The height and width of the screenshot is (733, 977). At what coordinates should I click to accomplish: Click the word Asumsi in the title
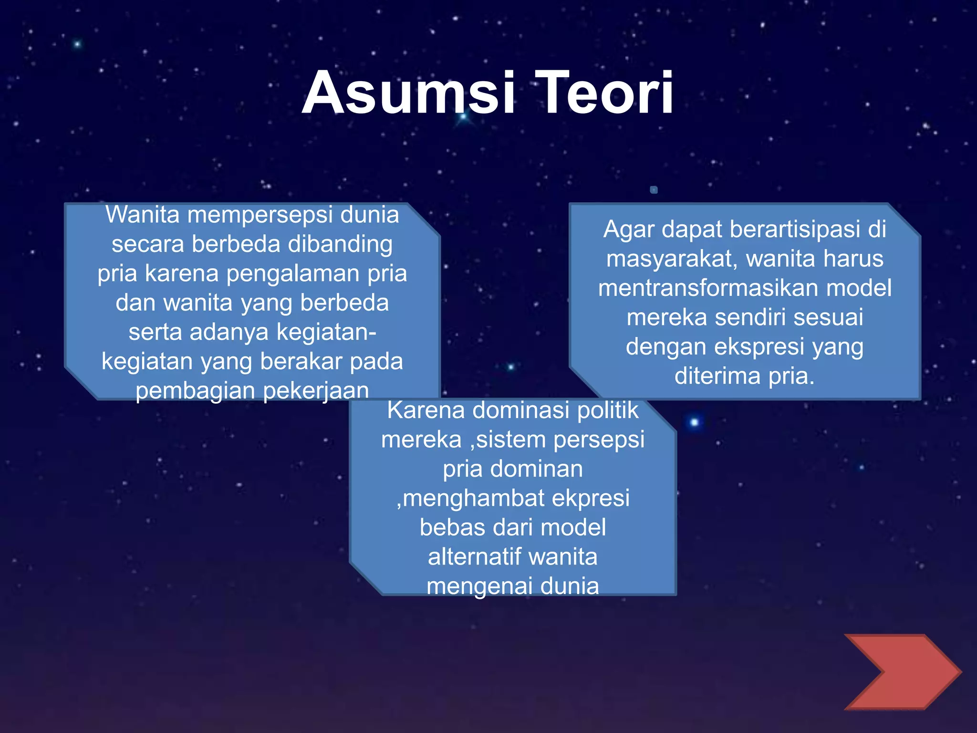click(x=408, y=93)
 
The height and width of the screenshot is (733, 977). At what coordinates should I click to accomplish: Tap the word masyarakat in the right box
click(x=672, y=259)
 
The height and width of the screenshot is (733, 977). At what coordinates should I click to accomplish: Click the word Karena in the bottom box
click(x=426, y=410)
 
